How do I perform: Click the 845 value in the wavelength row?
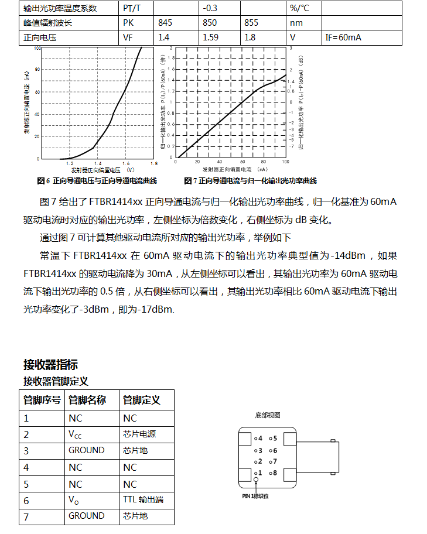(x=165, y=23)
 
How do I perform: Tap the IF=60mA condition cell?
(x=343, y=37)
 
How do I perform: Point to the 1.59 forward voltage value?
(x=211, y=37)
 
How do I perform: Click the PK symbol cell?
(x=129, y=23)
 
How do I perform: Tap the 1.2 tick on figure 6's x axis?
(x=70, y=164)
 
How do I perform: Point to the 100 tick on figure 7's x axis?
(x=286, y=162)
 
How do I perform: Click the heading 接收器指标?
(x=50, y=365)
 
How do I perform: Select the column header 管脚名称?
(x=87, y=400)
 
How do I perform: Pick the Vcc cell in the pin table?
(x=75, y=434)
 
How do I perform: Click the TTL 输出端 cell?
(x=144, y=501)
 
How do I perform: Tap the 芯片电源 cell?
(x=139, y=434)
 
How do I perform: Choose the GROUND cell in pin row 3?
(x=87, y=450)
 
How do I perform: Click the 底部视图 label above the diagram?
(x=268, y=415)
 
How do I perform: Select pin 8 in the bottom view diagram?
(x=273, y=473)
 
